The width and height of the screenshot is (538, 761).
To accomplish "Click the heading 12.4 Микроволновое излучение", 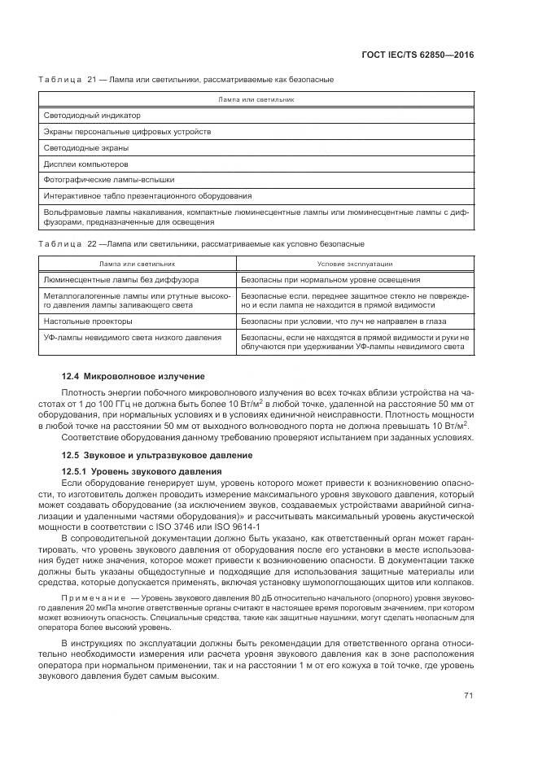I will click(133, 376).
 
